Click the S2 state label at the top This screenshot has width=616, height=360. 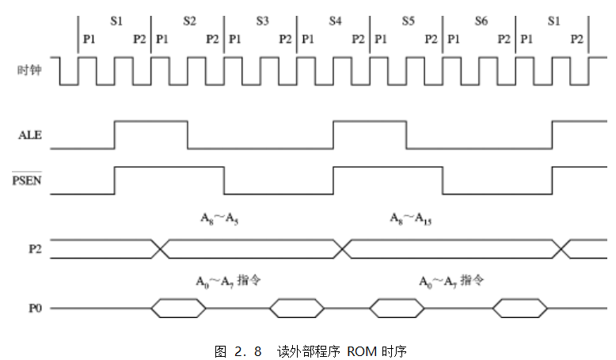coord(188,21)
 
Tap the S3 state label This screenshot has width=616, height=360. coord(262,21)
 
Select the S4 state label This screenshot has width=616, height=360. coord(336,21)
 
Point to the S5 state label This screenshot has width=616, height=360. coord(408,21)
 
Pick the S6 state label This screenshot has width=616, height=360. coord(481,21)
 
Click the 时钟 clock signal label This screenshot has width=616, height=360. coord(29,70)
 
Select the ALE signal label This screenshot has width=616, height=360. coord(30,135)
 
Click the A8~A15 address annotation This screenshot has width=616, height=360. coord(410,218)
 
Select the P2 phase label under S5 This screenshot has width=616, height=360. coord(431,38)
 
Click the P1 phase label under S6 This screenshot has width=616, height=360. coord(454,38)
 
